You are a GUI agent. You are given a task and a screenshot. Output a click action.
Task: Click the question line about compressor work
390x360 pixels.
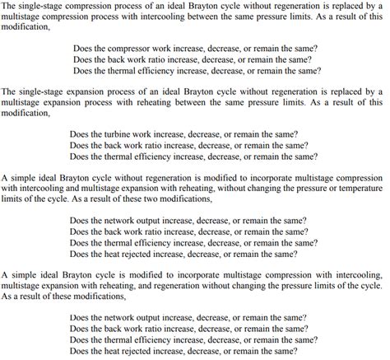[x=195, y=49]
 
